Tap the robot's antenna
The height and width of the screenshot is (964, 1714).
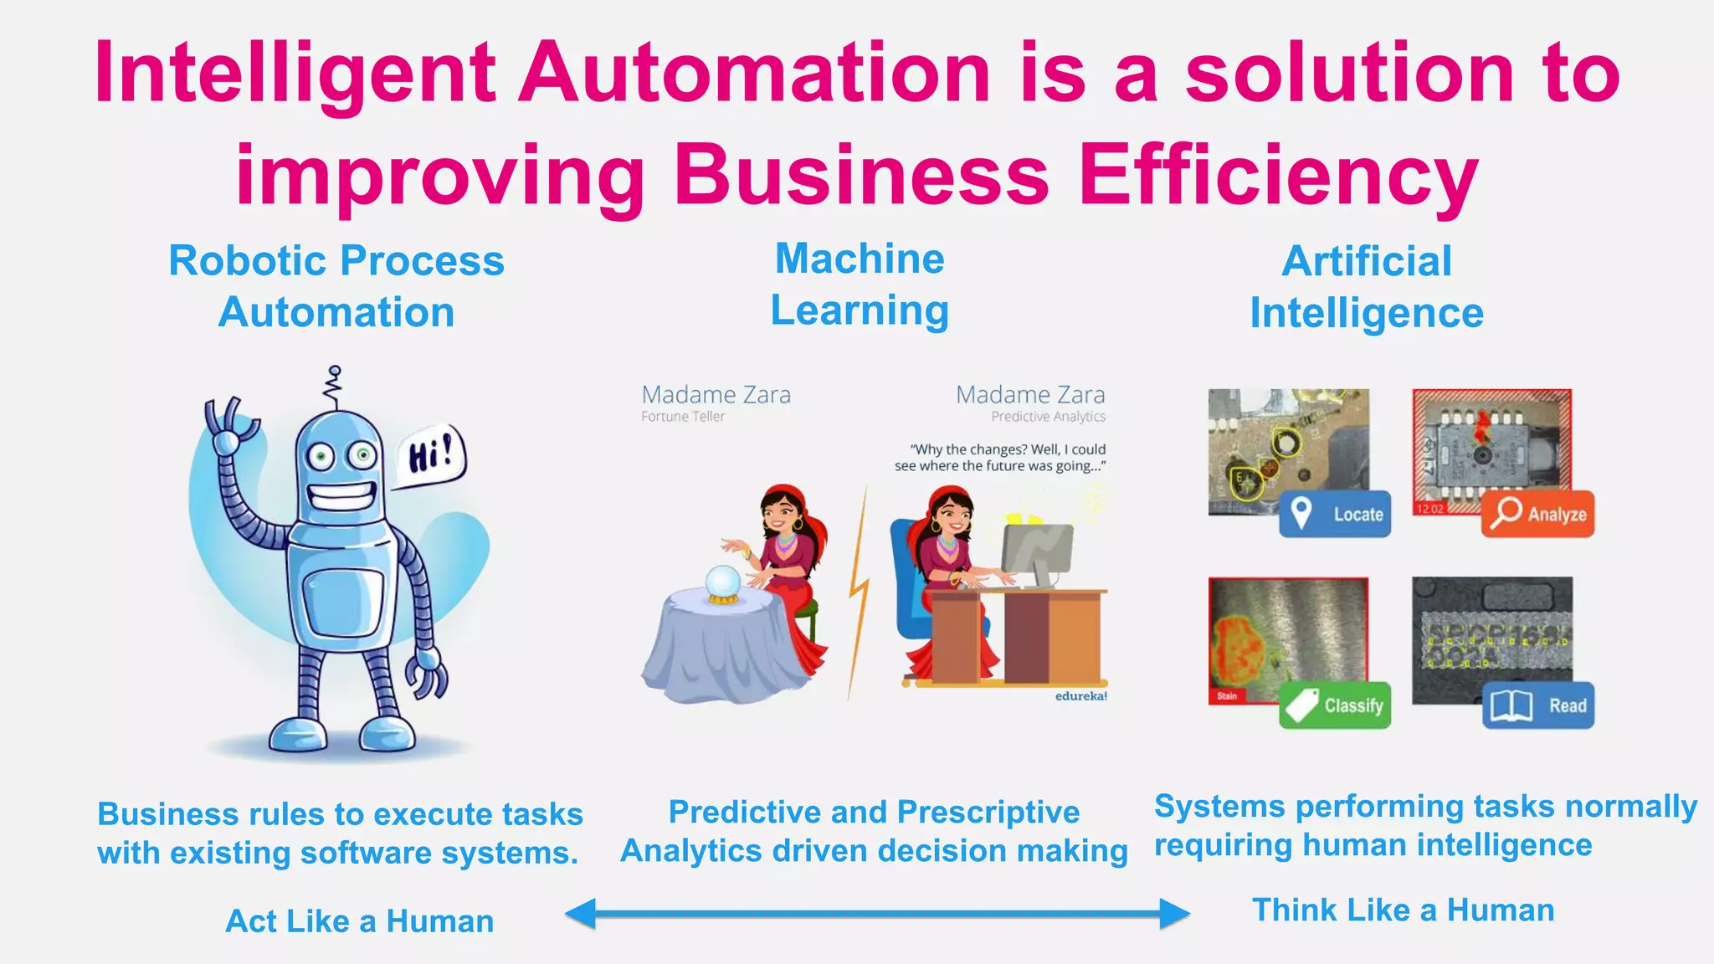click(335, 387)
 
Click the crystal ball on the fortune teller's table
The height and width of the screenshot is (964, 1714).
click(722, 583)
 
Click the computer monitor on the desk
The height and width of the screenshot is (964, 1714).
click(1037, 551)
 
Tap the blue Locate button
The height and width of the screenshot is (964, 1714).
click(1335, 514)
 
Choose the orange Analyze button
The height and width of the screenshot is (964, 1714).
click(1538, 513)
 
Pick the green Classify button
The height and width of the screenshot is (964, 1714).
click(1335, 705)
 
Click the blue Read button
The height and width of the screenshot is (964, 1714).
click(1538, 705)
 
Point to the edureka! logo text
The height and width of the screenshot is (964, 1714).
click(1080, 696)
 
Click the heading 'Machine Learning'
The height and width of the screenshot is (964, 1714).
click(860, 285)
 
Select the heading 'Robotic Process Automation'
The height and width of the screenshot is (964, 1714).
click(336, 286)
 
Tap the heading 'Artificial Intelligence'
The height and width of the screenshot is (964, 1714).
click(1367, 287)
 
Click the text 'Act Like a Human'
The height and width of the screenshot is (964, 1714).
click(360, 921)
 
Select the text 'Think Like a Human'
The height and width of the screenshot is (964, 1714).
click(1403, 910)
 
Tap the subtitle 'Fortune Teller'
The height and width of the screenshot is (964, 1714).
click(683, 417)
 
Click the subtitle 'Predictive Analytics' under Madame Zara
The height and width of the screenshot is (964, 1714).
click(1048, 417)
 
